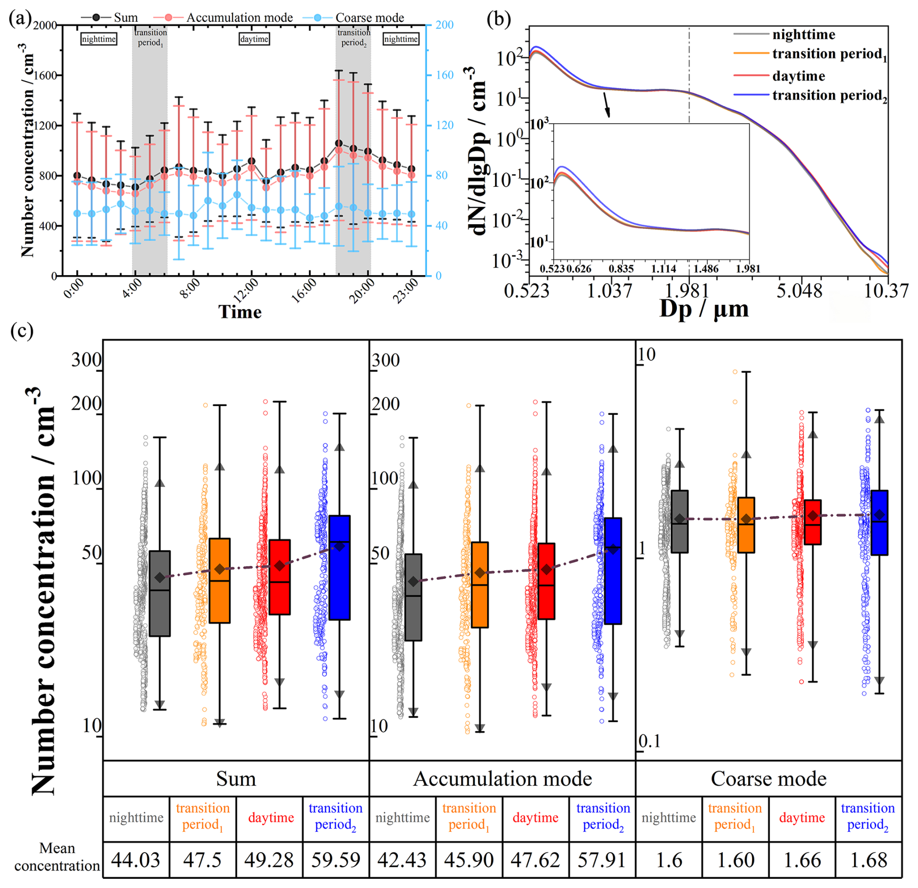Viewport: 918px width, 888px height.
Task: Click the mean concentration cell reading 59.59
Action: coord(336,860)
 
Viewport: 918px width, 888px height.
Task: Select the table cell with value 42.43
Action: coord(402,860)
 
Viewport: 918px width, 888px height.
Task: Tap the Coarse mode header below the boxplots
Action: coord(769,779)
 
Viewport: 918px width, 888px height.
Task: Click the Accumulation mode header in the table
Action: coord(502,779)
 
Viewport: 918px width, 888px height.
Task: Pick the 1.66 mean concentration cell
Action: coord(802,860)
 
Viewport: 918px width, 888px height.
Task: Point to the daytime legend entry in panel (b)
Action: coord(798,76)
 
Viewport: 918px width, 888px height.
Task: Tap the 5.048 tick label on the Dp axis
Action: coord(799,292)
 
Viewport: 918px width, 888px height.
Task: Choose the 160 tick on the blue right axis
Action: coord(444,75)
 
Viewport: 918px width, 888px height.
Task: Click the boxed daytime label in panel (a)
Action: coord(254,39)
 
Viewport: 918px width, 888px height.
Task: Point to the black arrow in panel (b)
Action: coord(607,105)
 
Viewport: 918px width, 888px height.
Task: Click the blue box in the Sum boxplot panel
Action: coord(340,567)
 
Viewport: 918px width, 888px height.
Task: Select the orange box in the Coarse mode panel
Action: coord(746,525)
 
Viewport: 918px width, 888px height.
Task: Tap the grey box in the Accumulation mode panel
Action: coord(413,597)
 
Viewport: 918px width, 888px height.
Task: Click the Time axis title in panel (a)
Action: coord(240,312)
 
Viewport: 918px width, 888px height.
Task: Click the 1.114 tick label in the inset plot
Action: coord(663,268)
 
